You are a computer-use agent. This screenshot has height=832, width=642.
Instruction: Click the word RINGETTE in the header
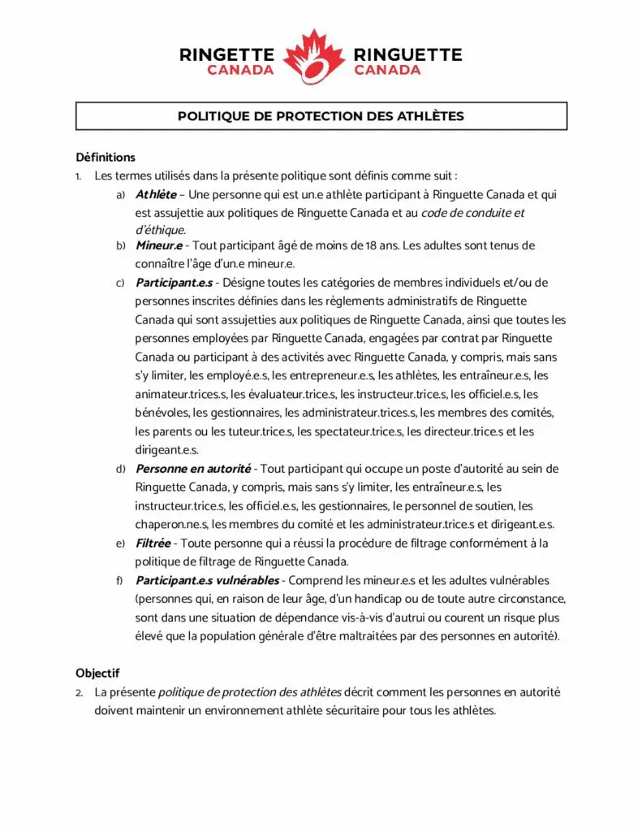(x=228, y=55)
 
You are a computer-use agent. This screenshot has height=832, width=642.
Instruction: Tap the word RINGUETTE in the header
(x=407, y=55)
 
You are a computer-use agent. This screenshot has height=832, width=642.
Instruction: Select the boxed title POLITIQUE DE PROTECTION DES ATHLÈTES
(x=321, y=116)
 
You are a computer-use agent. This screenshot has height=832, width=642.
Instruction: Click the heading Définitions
(x=106, y=157)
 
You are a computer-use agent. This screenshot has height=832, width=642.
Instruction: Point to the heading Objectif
(x=97, y=673)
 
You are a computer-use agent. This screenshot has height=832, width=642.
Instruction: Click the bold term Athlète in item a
(x=156, y=195)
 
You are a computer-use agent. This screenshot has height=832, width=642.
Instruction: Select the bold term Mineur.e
(x=159, y=245)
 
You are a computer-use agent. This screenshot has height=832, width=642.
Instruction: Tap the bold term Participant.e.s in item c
(x=174, y=283)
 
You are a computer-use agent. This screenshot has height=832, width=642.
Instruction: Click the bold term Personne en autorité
(x=193, y=469)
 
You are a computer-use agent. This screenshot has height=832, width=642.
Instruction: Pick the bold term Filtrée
(x=153, y=543)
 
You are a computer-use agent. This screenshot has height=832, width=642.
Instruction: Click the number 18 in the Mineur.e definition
(x=371, y=245)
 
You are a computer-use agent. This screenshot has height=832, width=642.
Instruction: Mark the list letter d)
(x=120, y=469)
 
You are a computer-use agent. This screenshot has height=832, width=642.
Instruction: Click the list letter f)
(x=120, y=580)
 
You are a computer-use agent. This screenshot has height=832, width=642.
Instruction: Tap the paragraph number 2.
(x=80, y=693)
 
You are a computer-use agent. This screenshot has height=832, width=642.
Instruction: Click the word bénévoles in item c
(x=162, y=413)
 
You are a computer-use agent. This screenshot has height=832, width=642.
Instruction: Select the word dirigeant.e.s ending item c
(x=166, y=449)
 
